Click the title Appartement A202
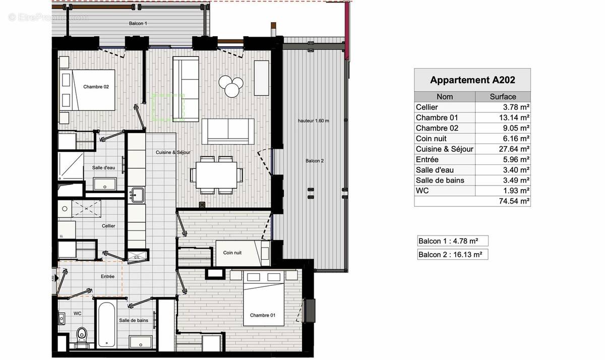[472, 80]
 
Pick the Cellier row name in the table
[427, 107]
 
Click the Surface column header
[503, 96]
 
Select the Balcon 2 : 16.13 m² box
[452, 255]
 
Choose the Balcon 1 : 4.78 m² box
[452, 241]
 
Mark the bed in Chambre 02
[89, 90]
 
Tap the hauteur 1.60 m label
[313, 121]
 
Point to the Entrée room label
[107, 276]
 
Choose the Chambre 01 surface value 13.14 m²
[515, 117]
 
